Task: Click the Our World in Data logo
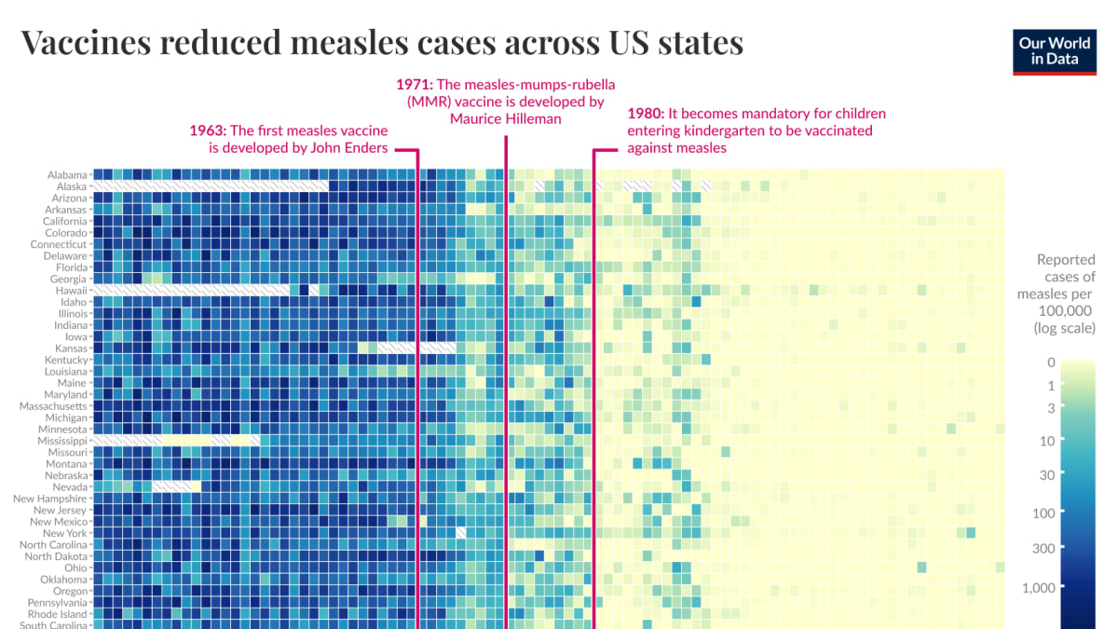(1055, 51)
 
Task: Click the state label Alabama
(67, 174)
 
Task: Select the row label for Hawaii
(71, 291)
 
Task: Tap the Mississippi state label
(62, 441)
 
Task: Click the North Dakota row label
(56, 556)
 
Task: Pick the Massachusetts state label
(53, 406)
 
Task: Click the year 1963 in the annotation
(207, 130)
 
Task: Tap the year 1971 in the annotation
(414, 84)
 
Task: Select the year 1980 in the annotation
(645, 114)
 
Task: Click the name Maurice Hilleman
(505, 118)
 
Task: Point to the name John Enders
(352, 147)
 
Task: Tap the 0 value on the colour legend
(1051, 362)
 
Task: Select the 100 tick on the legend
(1043, 513)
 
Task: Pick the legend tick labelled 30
(1046, 475)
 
